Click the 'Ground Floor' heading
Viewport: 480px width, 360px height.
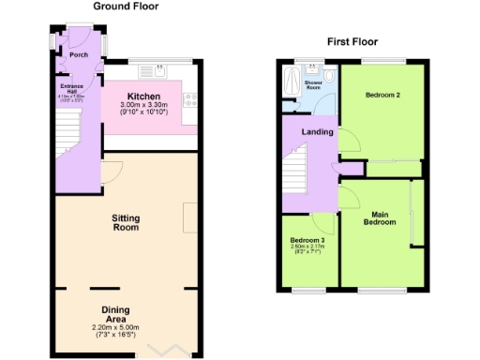coord(126,7)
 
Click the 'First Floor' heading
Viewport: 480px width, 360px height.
coord(353,41)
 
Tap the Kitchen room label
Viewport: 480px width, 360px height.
coord(143,97)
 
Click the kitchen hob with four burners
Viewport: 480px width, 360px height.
coord(191,97)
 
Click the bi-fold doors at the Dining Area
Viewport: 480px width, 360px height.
coord(151,352)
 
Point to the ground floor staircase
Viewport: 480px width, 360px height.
coord(65,122)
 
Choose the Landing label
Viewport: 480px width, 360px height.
coord(317,132)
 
